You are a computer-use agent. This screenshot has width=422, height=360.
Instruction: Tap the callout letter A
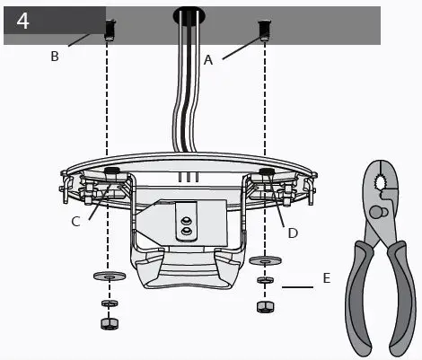tap(208, 60)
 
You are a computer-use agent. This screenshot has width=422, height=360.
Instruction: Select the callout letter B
tap(55, 56)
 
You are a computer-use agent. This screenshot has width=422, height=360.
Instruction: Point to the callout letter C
tap(76, 220)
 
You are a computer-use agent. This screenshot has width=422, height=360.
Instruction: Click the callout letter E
tap(327, 278)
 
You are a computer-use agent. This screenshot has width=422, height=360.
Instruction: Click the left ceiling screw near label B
tap(109, 30)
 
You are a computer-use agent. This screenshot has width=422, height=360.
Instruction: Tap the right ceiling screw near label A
tap(265, 30)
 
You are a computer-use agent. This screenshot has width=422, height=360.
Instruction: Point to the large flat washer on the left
tap(108, 276)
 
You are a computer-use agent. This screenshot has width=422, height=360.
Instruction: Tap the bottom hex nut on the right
tap(265, 306)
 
